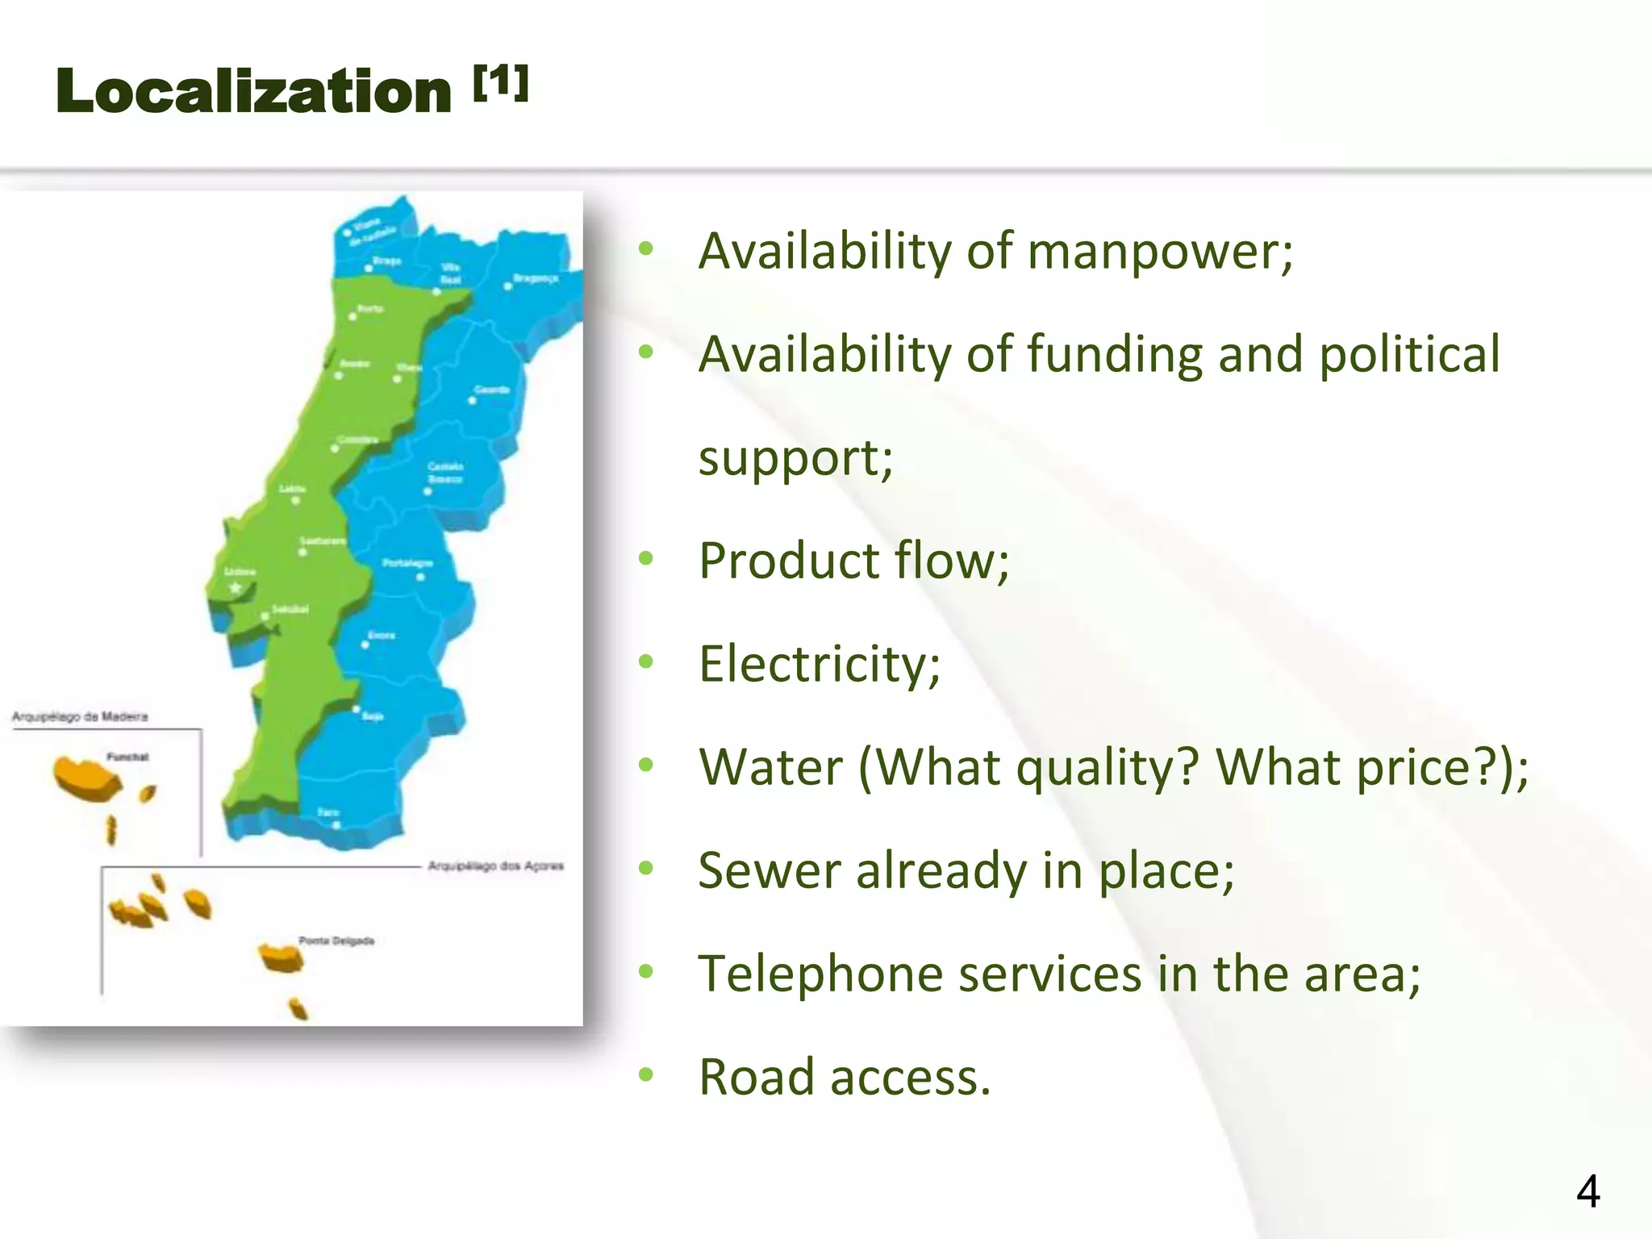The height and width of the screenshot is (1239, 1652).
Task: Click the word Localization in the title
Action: coord(253,91)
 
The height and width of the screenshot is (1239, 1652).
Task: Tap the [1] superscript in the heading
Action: coord(501,82)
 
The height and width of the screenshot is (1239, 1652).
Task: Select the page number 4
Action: coord(1587,1191)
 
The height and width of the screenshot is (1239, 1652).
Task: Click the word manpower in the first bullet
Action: coord(1160,251)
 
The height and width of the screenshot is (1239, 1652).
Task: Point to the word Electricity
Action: coord(819,664)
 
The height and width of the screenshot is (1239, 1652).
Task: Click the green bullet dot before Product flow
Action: coord(645,558)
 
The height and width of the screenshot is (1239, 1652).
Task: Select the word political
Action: coord(1409,354)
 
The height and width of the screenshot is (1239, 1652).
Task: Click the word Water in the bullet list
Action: coord(770,767)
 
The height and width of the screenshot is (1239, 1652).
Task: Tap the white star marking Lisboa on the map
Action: coord(236,588)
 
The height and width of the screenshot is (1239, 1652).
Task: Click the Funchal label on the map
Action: coord(127,757)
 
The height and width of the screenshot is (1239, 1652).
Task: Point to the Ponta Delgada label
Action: coord(336,941)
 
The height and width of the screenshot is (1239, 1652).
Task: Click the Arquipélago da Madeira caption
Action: coord(80,716)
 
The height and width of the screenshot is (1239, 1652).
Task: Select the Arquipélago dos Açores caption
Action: coord(495,866)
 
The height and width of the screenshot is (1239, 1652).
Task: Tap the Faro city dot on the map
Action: coord(336,825)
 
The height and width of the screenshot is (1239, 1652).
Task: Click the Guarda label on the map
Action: coord(491,390)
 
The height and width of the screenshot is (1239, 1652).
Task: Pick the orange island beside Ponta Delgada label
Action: coord(281,957)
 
